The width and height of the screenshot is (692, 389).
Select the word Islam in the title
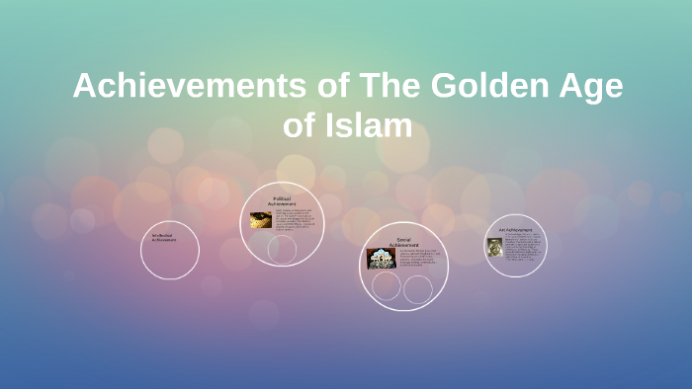[368, 127]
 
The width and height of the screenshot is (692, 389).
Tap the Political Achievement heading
[282, 201]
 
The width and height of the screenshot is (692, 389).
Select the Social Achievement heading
[402, 241]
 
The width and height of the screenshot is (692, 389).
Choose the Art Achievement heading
[517, 229]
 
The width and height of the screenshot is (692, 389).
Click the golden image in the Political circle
[260, 219]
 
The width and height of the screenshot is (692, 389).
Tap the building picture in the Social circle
[382, 259]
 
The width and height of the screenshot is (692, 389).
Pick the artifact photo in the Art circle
[493, 247]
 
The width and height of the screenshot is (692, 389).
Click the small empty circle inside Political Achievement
[282, 249]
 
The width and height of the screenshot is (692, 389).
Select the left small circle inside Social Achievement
[386, 286]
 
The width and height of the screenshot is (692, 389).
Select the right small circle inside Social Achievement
[418, 289]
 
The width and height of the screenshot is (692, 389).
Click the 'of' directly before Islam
[301, 127]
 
